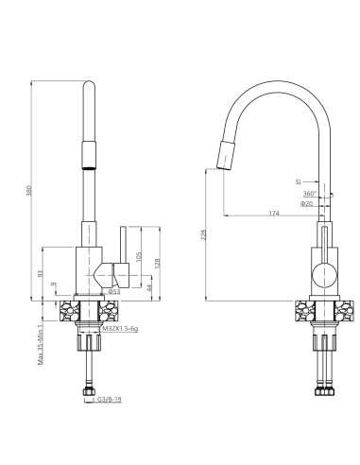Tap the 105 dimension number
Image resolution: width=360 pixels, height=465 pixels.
pyautogui.click(x=139, y=256)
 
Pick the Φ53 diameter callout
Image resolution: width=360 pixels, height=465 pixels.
pyautogui.click(x=112, y=293)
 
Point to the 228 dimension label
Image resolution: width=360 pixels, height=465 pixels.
pyautogui.click(x=204, y=236)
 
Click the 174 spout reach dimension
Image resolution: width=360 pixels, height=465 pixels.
pyautogui.click(x=273, y=214)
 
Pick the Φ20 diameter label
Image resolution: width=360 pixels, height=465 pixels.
pyautogui.click(x=306, y=203)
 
